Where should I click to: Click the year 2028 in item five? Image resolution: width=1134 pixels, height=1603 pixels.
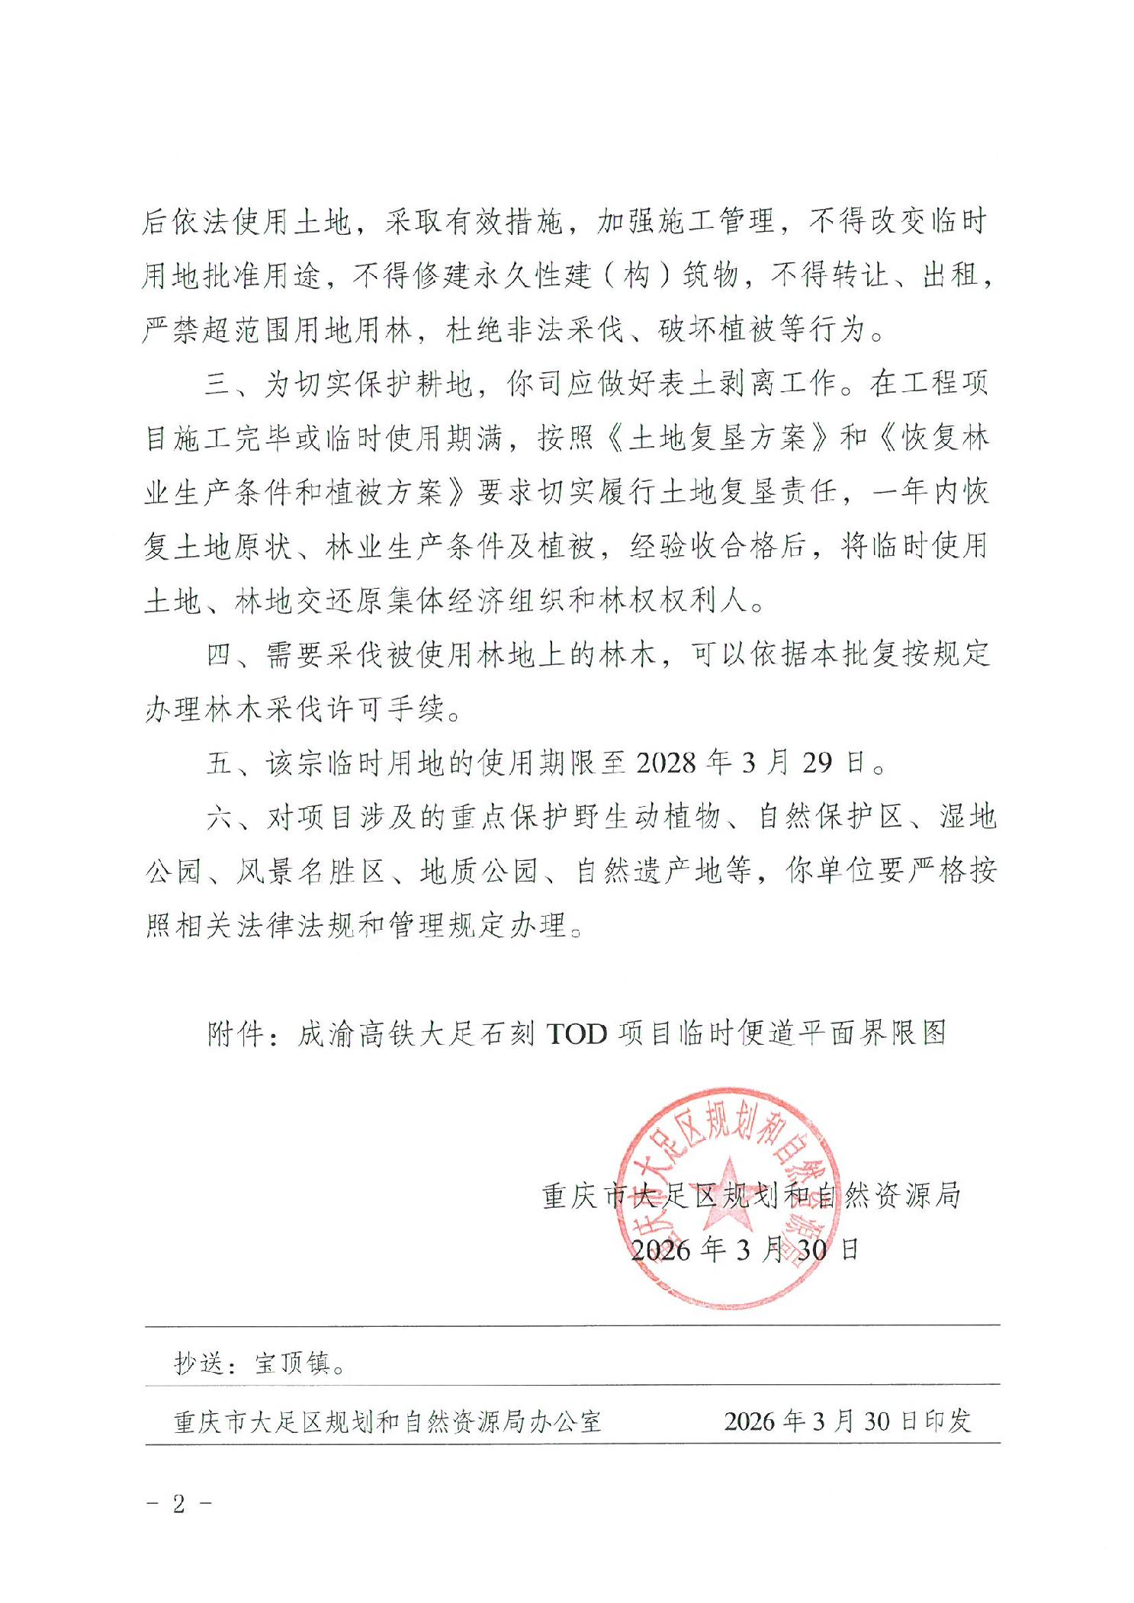[665, 763]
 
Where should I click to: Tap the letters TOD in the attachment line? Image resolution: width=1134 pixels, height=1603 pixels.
[577, 1035]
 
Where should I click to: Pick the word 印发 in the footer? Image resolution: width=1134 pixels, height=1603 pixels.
[948, 1421]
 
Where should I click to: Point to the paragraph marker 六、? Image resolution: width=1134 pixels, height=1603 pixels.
[227, 818]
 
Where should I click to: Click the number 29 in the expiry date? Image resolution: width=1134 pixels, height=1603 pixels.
[817, 763]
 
